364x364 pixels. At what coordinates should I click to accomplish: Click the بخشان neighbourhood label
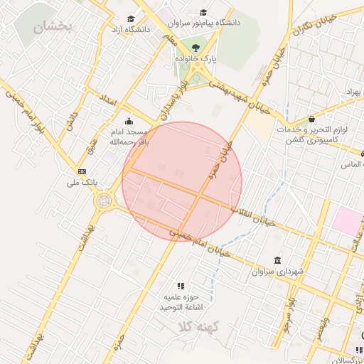[53, 27]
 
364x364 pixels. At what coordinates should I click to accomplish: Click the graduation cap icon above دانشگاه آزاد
[130, 19]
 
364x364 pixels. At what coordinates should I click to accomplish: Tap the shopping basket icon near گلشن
[312, 119]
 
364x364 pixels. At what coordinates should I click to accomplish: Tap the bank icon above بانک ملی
[82, 172]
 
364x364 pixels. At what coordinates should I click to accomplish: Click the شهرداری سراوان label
[277, 272]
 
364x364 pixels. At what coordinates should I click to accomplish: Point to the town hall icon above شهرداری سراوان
[277, 260]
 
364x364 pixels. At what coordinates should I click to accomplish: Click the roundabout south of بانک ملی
[103, 202]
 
